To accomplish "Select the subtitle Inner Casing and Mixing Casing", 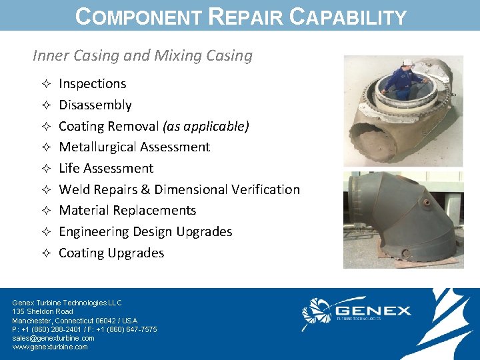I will (143, 55).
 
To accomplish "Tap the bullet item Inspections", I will (92, 83).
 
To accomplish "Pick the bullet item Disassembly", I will (95, 105).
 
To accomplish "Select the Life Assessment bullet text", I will (106, 168).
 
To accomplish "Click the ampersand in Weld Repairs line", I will (145, 189).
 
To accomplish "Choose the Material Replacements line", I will (127, 210).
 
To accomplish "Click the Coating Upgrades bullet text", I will (111, 253).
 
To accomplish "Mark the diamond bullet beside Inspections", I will (44, 84).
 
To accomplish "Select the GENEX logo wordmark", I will (373, 311).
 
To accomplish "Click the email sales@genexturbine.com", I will (53, 338).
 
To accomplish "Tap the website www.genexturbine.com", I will (50, 347).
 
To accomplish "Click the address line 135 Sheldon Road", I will (43, 311).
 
